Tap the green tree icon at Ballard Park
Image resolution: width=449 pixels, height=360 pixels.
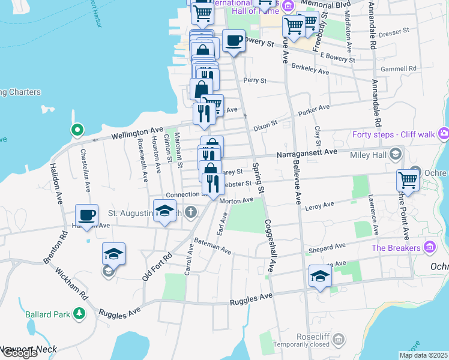(x=79, y=314)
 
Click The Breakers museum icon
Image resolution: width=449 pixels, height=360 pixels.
(x=429, y=247)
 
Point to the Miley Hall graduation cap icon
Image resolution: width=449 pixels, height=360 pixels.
(x=395, y=155)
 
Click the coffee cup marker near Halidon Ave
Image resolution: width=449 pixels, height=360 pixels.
(x=86, y=215)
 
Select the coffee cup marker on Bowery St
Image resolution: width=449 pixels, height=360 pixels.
(x=234, y=41)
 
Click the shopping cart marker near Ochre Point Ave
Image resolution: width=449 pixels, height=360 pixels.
(x=408, y=179)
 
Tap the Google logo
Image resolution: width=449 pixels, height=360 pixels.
(x=20, y=353)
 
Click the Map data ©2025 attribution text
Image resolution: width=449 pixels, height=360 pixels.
(x=423, y=355)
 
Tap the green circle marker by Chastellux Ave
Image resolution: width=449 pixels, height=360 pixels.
(x=77, y=130)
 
